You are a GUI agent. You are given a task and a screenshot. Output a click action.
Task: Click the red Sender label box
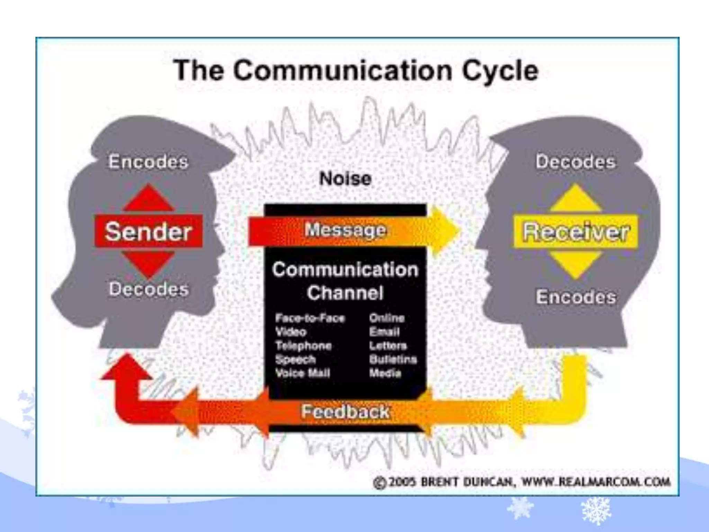(148, 231)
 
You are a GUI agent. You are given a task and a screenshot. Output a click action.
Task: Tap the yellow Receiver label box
(575, 231)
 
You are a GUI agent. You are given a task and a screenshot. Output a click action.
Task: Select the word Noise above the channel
(345, 179)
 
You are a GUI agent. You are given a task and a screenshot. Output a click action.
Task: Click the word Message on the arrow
(345, 230)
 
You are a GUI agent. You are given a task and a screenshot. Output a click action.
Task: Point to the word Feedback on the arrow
(345, 411)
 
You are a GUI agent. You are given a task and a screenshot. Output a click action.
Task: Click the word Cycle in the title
(500, 71)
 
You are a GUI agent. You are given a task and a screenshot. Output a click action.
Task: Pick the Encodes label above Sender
(148, 162)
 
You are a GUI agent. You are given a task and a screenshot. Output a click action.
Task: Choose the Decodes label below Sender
(149, 289)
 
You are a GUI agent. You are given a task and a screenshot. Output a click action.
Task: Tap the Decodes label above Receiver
(575, 162)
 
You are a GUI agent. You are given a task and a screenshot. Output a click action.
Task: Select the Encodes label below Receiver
(576, 297)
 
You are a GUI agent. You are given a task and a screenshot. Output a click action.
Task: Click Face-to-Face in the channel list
(310, 318)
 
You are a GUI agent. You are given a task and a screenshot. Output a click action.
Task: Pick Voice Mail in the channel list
(303, 373)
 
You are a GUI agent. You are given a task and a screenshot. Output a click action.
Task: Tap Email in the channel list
(384, 332)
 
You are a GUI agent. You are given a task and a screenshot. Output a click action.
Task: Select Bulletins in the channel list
(393, 359)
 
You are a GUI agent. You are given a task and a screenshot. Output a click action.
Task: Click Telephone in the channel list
(303, 346)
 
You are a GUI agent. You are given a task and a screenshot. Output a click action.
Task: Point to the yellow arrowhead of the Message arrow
(445, 230)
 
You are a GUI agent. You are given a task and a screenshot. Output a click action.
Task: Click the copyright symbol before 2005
(380, 482)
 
